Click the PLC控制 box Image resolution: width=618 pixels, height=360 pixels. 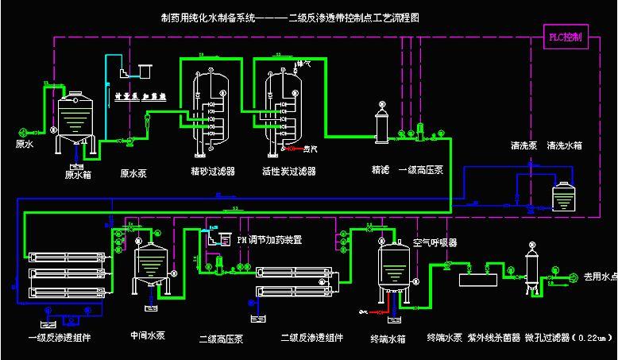[x=565, y=37]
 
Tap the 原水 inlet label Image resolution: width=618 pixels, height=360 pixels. [x=25, y=145]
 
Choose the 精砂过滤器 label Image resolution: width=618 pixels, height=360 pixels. [x=212, y=171]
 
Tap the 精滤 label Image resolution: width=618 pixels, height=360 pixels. [x=380, y=170]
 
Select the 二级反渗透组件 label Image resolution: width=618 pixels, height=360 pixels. [x=312, y=338]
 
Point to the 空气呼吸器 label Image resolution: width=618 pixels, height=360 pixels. [x=436, y=242]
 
